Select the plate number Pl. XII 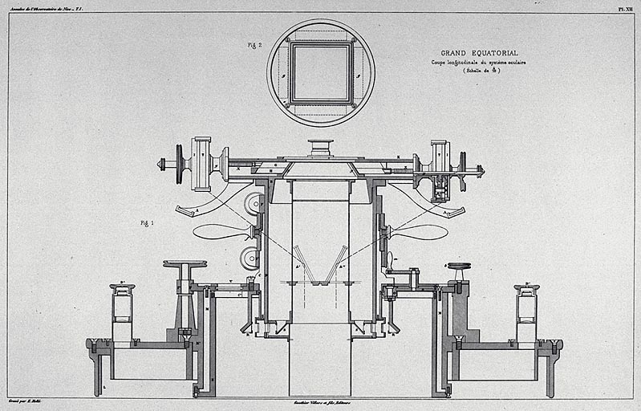coord(626,7)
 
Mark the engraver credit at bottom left coord(24,399)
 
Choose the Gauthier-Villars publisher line coord(320,401)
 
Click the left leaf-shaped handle coord(221,232)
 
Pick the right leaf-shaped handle coord(419,232)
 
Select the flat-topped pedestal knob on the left coord(185,264)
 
